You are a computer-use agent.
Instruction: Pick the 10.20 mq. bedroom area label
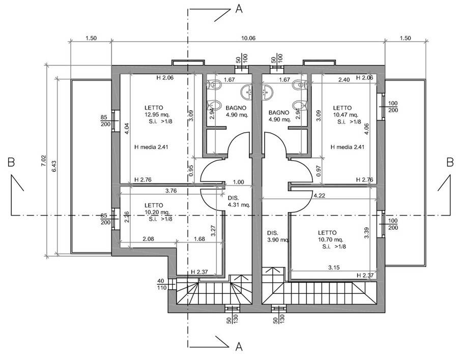154,213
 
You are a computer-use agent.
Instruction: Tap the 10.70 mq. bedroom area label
331,239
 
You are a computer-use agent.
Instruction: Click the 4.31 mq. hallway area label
239,205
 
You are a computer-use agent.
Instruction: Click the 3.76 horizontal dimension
171,191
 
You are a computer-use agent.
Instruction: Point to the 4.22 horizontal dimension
320,195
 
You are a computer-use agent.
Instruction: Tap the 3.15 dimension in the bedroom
334,267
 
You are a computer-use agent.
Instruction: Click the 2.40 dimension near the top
344,80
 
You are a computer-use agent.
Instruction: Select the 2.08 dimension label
149,238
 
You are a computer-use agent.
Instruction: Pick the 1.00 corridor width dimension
238,182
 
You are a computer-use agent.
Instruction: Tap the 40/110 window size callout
161,284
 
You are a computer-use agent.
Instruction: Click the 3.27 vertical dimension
213,231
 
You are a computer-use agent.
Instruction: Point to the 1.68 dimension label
199,238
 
